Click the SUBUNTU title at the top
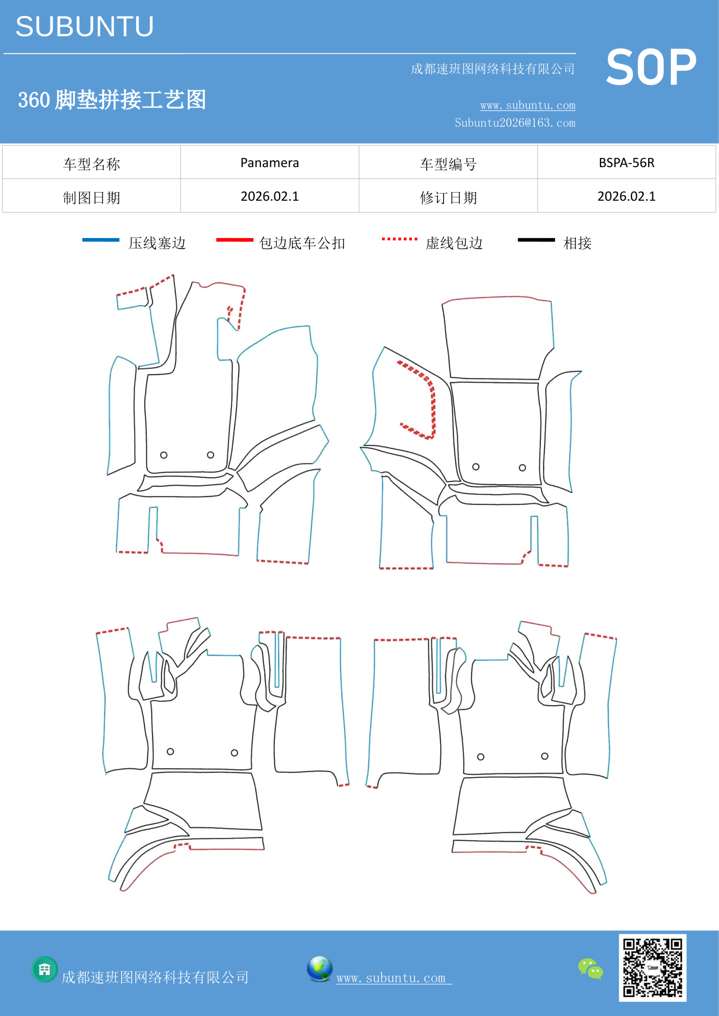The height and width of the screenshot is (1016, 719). click(x=85, y=27)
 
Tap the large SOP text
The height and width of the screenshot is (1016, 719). click(x=651, y=68)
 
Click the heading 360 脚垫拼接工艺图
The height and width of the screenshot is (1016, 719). click(x=112, y=100)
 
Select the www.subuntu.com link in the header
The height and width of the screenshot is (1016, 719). click(x=528, y=105)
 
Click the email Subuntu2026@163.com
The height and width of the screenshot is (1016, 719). click(x=515, y=123)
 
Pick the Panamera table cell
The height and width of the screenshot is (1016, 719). click(x=270, y=163)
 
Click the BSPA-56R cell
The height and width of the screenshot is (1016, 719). click(x=626, y=163)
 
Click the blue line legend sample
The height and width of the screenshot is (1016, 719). click(x=100, y=240)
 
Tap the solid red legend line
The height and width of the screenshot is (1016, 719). click(x=235, y=240)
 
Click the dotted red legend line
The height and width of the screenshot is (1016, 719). click(x=399, y=239)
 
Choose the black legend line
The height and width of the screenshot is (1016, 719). click(x=536, y=240)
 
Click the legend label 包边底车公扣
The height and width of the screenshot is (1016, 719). click(x=302, y=243)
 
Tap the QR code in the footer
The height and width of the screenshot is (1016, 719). click(x=653, y=968)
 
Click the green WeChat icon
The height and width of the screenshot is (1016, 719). click(x=591, y=969)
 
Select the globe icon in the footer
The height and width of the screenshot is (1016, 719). click(x=320, y=969)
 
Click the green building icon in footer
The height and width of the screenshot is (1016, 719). click(x=45, y=969)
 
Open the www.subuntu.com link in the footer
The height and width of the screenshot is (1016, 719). click(x=394, y=978)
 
